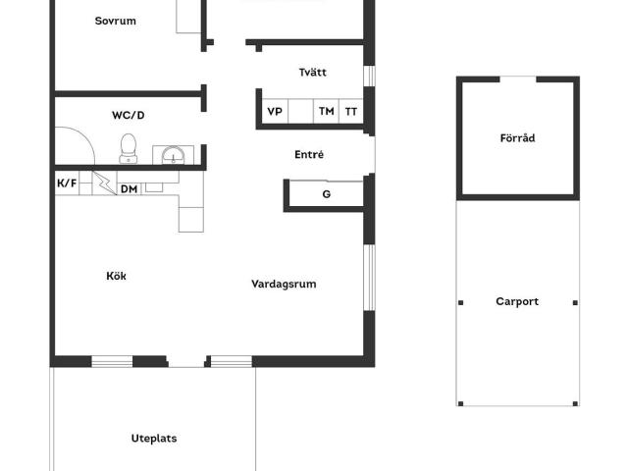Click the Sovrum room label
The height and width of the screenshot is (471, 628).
pyautogui.click(x=116, y=21)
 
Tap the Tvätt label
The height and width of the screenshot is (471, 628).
pyautogui.click(x=312, y=72)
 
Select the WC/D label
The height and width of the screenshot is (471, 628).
pyautogui.click(x=129, y=116)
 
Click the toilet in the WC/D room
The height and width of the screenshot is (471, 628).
pyautogui.click(x=129, y=148)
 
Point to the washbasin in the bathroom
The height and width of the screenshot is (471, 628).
pyautogui.click(x=173, y=155)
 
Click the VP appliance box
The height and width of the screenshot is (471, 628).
pyautogui.click(x=275, y=111)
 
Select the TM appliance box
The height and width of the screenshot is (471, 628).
pyautogui.click(x=326, y=111)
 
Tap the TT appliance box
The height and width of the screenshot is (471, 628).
pyautogui.click(x=351, y=111)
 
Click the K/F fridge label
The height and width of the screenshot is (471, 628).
pyautogui.click(x=67, y=183)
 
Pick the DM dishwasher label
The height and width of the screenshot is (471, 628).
pyautogui.click(x=129, y=189)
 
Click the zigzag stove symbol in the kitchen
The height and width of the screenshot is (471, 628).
pyautogui.click(x=105, y=183)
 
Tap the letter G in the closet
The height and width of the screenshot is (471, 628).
pyautogui.click(x=327, y=194)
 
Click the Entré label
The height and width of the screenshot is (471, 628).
pyautogui.click(x=309, y=154)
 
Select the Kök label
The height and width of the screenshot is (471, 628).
pyautogui.click(x=116, y=276)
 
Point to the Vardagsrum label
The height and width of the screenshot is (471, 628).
pyautogui.click(x=284, y=285)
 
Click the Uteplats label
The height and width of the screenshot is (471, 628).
pyautogui.click(x=154, y=439)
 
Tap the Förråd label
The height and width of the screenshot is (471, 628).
pyautogui.click(x=517, y=138)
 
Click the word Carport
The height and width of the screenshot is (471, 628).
pyautogui.click(x=517, y=301)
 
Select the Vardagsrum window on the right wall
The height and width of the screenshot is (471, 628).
pyautogui.click(x=370, y=277)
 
